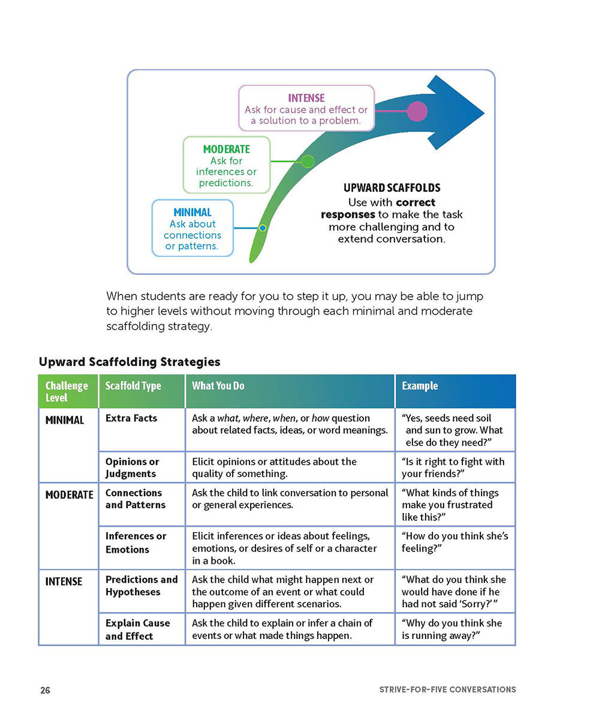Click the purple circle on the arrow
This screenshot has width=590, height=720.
(x=417, y=112)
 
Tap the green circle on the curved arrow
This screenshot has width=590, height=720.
(x=308, y=161)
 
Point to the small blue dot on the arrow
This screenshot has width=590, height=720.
(x=262, y=228)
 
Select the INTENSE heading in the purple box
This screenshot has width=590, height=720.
(x=306, y=98)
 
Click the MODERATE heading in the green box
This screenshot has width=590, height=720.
(x=227, y=149)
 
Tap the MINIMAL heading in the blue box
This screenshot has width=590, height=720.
(x=192, y=212)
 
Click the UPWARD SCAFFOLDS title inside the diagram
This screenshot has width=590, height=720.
(x=392, y=188)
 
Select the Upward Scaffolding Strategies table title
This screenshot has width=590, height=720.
(x=130, y=362)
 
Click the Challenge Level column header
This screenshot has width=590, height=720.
(x=67, y=391)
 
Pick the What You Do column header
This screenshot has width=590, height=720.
(x=218, y=386)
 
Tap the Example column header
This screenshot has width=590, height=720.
(x=420, y=386)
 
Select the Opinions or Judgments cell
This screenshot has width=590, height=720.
(x=132, y=467)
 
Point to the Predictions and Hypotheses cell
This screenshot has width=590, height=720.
(x=142, y=586)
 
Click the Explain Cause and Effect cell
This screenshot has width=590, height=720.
(x=137, y=629)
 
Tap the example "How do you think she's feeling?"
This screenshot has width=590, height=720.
(x=454, y=542)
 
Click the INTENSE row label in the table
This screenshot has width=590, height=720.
(x=64, y=581)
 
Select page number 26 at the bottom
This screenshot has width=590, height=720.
(x=46, y=690)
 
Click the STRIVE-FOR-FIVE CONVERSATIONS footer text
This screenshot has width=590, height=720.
(x=447, y=690)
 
